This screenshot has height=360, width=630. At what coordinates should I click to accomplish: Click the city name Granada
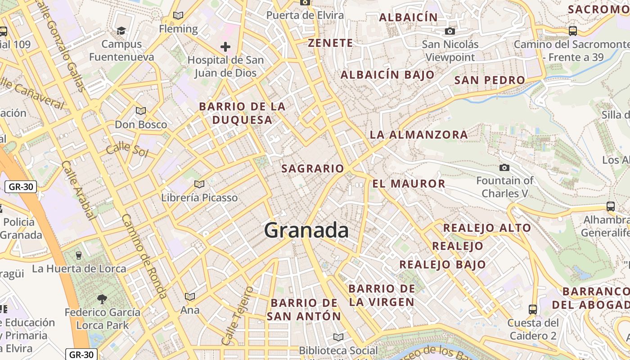[306, 230]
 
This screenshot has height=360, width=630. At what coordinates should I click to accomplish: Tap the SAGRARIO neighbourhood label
[312, 169]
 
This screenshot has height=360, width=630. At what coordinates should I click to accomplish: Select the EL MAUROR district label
[409, 184]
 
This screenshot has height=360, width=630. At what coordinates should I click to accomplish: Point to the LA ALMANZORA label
[418, 135]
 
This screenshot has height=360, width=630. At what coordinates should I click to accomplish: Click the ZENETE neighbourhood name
[330, 43]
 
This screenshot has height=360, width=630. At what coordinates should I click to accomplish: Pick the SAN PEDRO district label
[490, 81]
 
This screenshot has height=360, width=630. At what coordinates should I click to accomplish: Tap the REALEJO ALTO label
[487, 228]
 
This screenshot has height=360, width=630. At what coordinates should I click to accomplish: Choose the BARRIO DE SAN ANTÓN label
[304, 309]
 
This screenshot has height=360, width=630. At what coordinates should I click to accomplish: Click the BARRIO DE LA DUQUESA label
[242, 113]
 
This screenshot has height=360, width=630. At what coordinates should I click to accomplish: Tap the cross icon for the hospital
[225, 47]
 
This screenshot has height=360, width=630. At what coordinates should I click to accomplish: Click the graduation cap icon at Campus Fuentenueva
[121, 31]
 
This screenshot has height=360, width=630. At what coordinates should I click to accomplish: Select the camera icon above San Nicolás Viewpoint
[450, 31]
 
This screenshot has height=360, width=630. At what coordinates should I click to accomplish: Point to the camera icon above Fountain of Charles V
[504, 167]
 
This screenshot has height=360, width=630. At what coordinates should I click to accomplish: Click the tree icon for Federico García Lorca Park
[102, 298]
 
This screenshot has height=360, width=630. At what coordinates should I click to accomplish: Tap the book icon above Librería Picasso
[199, 184]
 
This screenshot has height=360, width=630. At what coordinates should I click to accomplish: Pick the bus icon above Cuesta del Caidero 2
[533, 309]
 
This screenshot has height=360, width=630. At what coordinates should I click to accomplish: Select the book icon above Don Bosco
[141, 111]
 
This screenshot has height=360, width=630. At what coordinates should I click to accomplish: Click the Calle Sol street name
[127, 148]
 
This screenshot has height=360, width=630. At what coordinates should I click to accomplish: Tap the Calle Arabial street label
[79, 191]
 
